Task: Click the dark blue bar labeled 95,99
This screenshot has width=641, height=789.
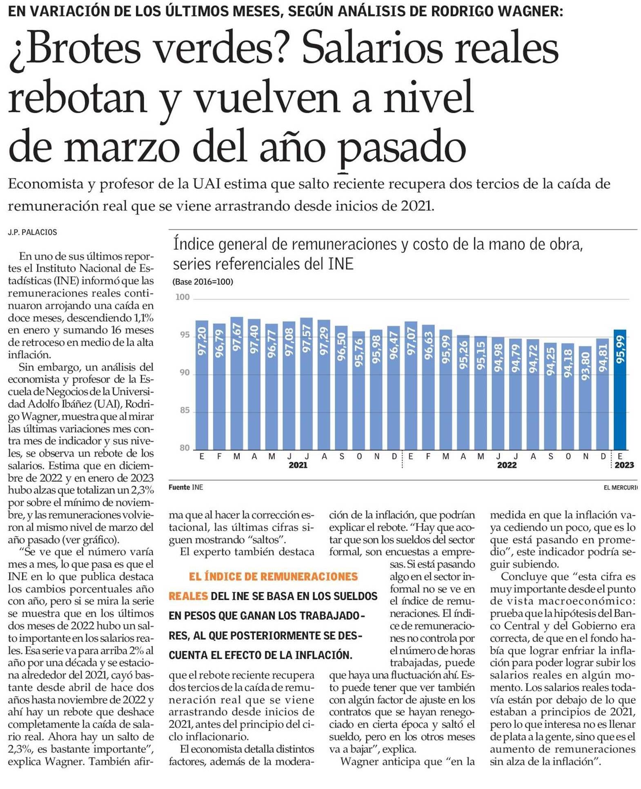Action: click(620, 389)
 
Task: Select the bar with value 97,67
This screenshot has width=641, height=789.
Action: click(237, 383)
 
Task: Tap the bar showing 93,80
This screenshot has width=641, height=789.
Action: click(585, 398)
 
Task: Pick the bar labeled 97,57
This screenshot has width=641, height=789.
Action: click(307, 384)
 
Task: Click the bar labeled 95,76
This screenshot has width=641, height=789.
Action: click(359, 391)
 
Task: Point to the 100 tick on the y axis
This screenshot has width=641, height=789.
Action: click(183, 297)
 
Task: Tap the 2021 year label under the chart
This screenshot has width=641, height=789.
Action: click(298, 465)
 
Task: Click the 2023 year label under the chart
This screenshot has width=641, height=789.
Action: click(624, 465)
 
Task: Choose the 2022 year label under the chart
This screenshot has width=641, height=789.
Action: click(507, 465)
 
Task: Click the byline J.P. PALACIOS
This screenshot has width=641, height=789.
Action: click(33, 232)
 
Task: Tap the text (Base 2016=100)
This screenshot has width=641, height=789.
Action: click(203, 282)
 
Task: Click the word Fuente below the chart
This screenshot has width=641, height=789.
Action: click(179, 487)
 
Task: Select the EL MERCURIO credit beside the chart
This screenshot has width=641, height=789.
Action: click(621, 487)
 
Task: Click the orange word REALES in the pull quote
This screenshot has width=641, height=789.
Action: click(188, 596)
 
